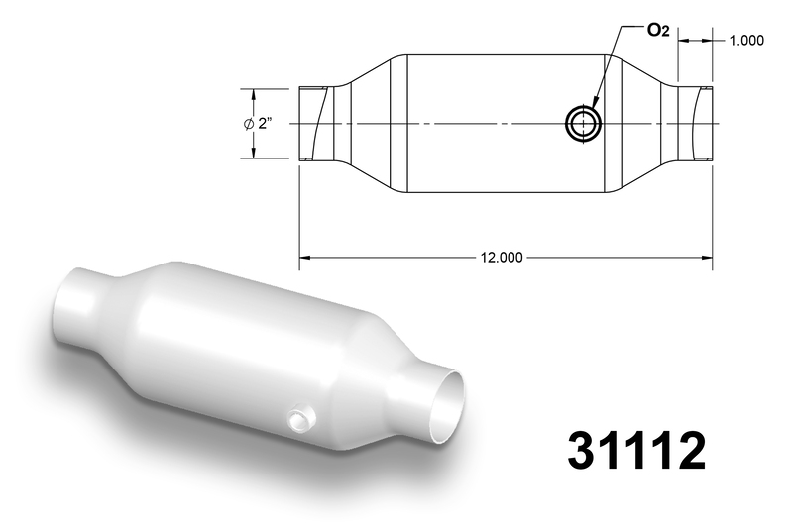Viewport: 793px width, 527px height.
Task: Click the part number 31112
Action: (x=636, y=450)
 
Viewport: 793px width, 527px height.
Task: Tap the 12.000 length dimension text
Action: (x=502, y=258)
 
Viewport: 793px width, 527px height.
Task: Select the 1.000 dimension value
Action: (x=746, y=41)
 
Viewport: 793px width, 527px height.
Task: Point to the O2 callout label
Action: (x=658, y=31)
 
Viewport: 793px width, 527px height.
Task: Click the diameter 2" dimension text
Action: (x=259, y=123)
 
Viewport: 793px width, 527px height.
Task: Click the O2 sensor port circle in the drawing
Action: (x=583, y=124)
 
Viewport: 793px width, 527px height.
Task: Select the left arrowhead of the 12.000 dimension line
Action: (x=304, y=258)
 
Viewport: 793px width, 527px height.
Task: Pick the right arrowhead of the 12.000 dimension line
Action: (x=707, y=258)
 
